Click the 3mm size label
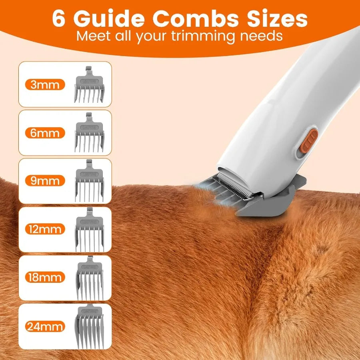44,85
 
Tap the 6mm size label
44,133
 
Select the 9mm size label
44,181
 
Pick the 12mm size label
44,229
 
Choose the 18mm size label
44,277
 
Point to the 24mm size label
44,327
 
